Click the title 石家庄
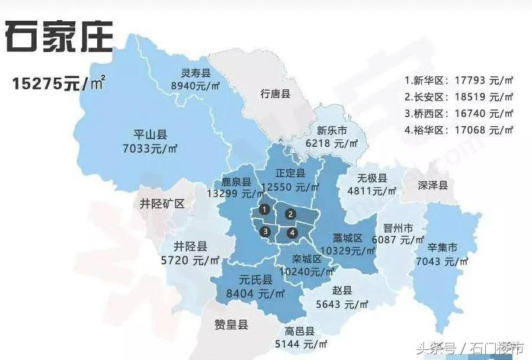[59, 37]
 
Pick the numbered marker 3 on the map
[266, 231]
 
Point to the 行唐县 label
[275, 93]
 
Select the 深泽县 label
[432, 185]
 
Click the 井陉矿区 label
[162, 204]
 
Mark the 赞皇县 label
[231, 324]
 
